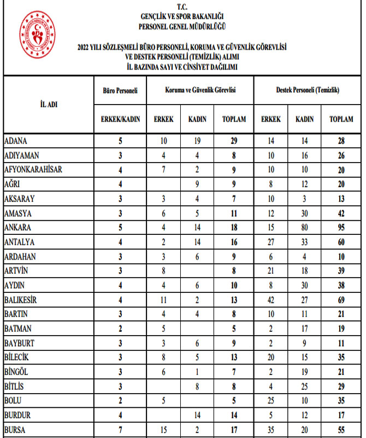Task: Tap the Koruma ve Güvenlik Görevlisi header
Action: pos(200,89)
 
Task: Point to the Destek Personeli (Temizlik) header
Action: pos(308,89)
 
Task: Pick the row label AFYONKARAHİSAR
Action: pos(33,170)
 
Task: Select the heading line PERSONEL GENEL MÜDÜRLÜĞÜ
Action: pos(182,26)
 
